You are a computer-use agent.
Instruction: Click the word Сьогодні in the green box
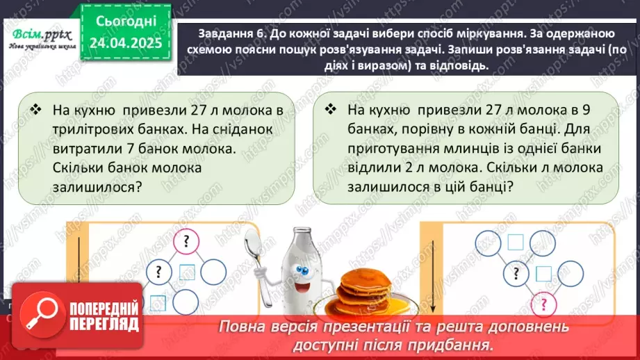tap(125, 22)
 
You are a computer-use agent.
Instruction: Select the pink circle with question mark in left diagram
tap(186, 243)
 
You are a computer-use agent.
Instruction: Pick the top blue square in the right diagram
tap(515, 242)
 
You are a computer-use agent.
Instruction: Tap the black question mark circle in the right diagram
tap(515, 272)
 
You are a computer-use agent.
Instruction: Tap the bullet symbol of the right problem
tap(331, 110)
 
